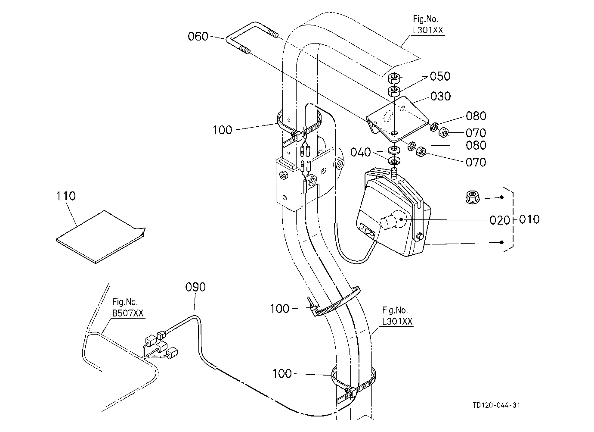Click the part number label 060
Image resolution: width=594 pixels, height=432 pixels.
[198, 36]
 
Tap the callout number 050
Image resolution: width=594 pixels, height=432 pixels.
[440, 76]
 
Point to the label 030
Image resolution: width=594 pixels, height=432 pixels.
[440, 96]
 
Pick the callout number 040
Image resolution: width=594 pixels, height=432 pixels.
[360, 152]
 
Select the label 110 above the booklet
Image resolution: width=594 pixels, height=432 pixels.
[66, 196]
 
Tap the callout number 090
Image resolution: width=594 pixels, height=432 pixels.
[195, 287]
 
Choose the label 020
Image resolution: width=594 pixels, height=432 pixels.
[500, 220]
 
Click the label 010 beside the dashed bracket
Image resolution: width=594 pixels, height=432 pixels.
[529, 219]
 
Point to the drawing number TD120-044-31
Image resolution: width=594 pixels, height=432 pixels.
[496, 405]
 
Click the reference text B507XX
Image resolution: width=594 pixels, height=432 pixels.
[128, 313]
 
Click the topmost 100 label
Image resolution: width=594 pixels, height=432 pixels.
[222, 130]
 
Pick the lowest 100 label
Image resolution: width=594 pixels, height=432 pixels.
[282, 373]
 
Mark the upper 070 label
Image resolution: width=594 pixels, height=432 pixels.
[476, 133]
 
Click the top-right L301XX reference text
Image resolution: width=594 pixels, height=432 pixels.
[428, 30]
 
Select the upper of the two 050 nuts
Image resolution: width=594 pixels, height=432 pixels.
[394, 78]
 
